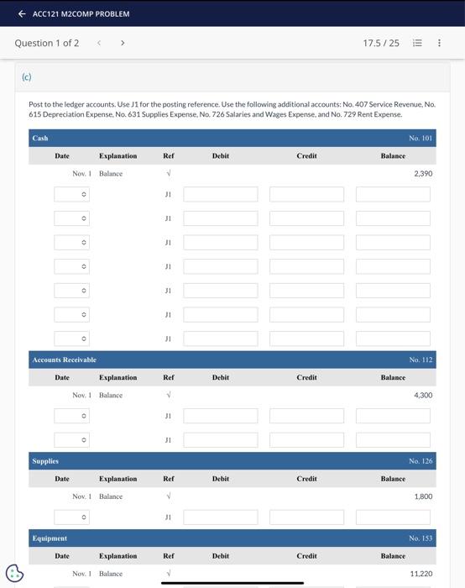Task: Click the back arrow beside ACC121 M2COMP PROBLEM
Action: (22, 13)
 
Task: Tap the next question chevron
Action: (123, 43)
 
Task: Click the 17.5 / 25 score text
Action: (381, 43)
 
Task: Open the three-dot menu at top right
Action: (439, 43)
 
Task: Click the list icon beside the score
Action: (417, 43)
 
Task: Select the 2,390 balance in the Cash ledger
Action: (423, 174)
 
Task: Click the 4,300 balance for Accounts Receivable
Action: (423, 395)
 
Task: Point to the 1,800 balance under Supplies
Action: (423, 496)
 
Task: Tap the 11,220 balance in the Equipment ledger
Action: (421, 574)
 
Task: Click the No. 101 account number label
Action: (421, 138)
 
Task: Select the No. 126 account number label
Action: (421, 461)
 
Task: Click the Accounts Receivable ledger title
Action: (64, 360)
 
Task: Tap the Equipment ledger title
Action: (50, 538)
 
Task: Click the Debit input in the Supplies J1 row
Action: (221, 517)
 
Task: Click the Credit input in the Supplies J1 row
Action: (306, 517)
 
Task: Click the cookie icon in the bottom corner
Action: (15, 573)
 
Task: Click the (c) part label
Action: (26, 76)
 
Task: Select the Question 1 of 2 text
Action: (47, 43)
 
